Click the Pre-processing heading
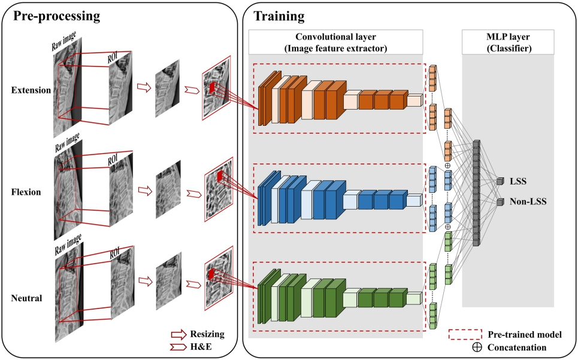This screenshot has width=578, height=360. tap(57, 15)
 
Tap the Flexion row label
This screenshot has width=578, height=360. tap(26, 193)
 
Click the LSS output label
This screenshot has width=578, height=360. tap(519, 180)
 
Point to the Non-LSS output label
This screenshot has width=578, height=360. tap(526, 202)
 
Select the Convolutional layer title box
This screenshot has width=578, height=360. tap(336, 41)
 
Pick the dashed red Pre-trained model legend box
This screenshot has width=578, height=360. tap(465, 334)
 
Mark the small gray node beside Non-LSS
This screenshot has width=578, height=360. tap(500, 202)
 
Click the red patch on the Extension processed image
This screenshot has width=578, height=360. tap(213, 87)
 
